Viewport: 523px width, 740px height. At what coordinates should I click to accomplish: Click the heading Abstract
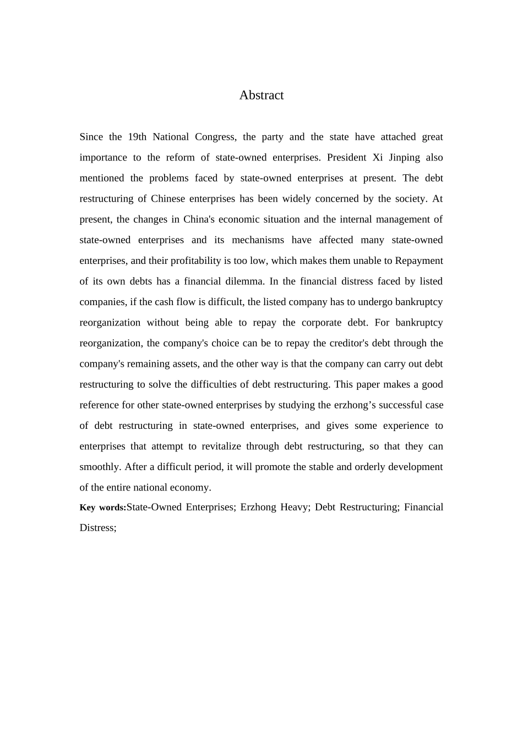coord(261,95)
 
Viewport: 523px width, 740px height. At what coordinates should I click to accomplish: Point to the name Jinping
coord(405,157)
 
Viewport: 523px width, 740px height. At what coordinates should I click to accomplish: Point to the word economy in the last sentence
coord(193,488)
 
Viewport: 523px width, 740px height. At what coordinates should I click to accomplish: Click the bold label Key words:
coord(102,507)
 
